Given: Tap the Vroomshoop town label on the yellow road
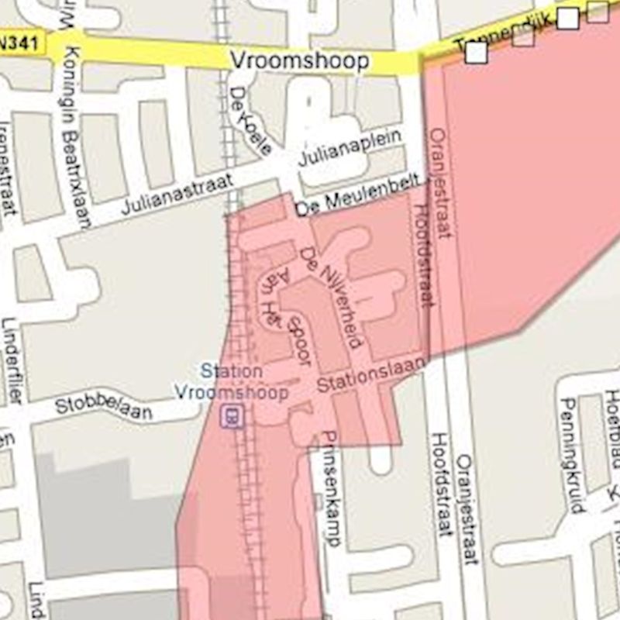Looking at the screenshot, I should pos(299,60).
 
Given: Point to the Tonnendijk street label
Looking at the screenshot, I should pos(504,35).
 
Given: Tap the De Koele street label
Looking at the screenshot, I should pos(250,120).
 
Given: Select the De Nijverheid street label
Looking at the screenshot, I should pos(332,297).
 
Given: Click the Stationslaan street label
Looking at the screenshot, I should pos(370,375).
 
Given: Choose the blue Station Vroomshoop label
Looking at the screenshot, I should pos(231,381).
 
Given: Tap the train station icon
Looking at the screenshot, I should pos(230,417).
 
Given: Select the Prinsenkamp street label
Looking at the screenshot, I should pos(330,488).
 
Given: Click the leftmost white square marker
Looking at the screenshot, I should pos(476,53).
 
